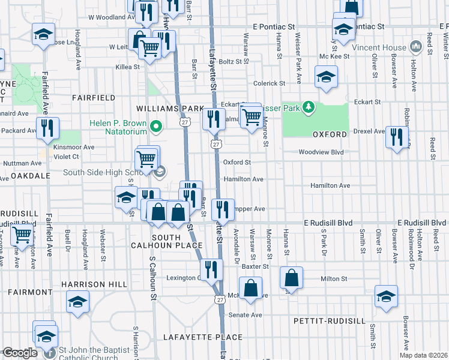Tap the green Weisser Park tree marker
pos(309,107)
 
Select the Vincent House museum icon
pos(415,46)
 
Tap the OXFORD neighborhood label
pos(329,134)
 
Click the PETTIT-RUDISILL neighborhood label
pos(329,321)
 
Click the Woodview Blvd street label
pos(322,152)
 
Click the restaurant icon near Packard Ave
pos(47,128)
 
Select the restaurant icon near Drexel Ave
pos(396,137)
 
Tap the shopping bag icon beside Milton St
pos(291,278)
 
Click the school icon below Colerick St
pos(326,77)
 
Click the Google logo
pos(19,353)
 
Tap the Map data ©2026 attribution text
pos(423,355)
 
